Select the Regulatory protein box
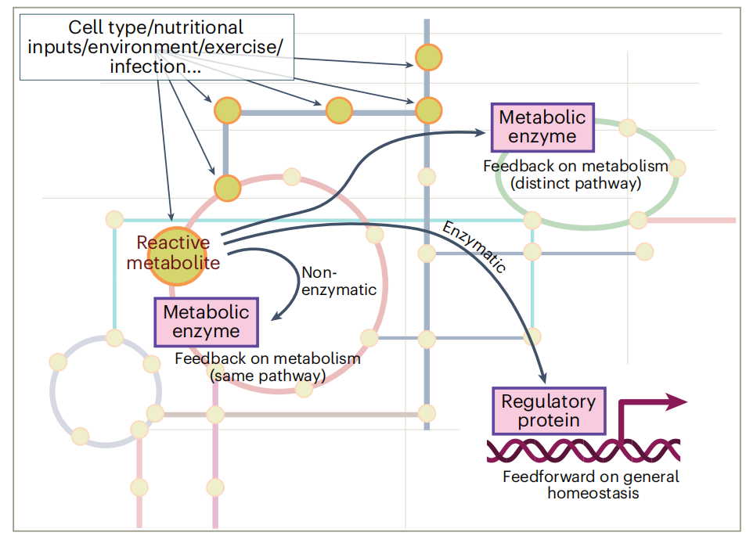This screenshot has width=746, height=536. click(548, 410)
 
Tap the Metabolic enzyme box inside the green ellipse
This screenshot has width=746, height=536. click(542, 127)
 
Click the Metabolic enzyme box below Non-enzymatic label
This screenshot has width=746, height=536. click(206, 321)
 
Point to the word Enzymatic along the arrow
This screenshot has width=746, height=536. click(474, 247)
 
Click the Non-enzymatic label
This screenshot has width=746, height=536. click(337, 281)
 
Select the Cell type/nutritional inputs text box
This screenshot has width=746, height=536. click(156, 48)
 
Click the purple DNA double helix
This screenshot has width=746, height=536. click(583, 451)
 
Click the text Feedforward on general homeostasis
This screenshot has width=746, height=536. click(592, 484)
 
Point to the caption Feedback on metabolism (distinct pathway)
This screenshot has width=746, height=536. click(575, 175)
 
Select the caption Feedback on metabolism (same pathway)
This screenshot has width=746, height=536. click(267, 367)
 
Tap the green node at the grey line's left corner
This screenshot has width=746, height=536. click(227, 111)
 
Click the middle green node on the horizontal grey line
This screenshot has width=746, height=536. click(339, 111)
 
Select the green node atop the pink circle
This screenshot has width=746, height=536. click(227, 189)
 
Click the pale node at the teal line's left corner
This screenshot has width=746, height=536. click(114, 219)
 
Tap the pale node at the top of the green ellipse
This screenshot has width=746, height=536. click(626, 127)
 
